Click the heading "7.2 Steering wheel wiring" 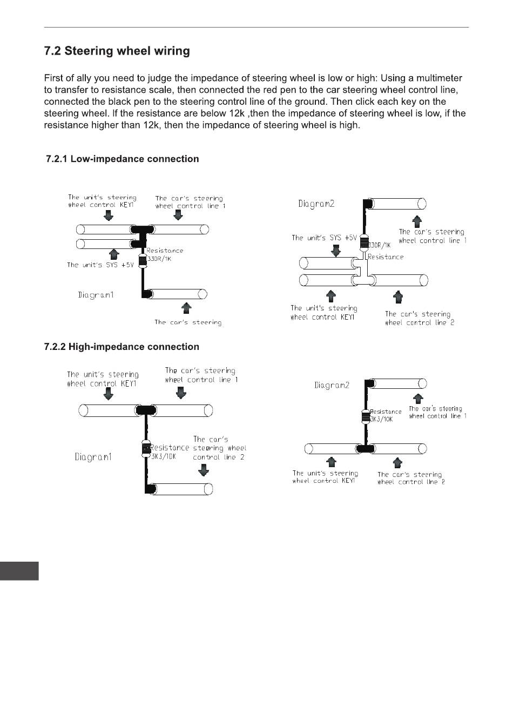pos(117,51)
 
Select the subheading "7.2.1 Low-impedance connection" pos(122,159)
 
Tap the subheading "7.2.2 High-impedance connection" pos(122,347)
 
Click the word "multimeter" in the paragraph pos(437,78)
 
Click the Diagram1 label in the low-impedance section pos(96,295)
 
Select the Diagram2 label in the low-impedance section pos(316,204)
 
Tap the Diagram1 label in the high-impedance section pos(93,457)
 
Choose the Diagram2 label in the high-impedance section pos(332,385)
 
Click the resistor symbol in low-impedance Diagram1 pos(143,260)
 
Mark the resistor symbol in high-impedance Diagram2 pos(366,416)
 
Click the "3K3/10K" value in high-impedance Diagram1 pos(163,456)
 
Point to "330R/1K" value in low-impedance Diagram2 pos(380,246)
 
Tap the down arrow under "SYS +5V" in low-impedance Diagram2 pos(335,250)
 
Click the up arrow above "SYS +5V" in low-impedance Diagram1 pos(113,253)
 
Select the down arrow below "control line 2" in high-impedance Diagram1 pos(204,470)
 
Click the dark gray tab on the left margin pos(19,571)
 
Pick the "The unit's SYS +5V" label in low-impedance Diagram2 pos(324,238)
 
